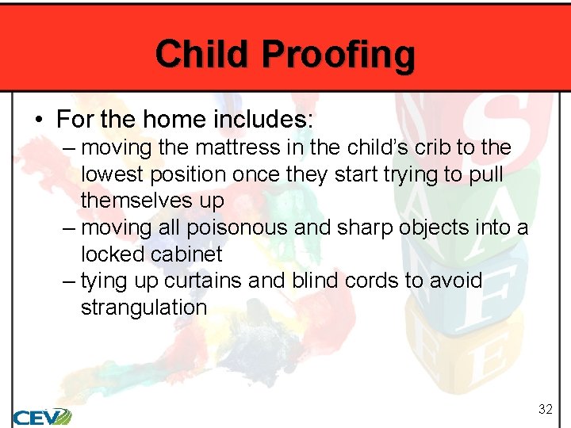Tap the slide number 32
pyautogui.click(x=545, y=410)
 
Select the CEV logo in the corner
pyautogui.click(x=41, y=416)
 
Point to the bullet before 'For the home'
pyautogui.click(x=39, y=120)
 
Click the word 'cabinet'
pyautogui.click(x=188, y=254)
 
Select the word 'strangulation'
pyautogui.click(x=144, y=308)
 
